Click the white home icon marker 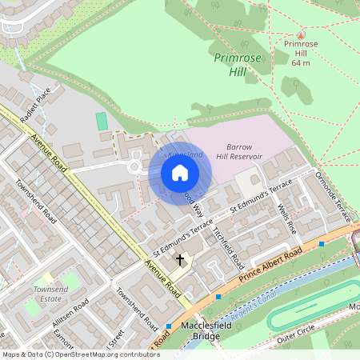click(180, 173)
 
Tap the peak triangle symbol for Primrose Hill click(301, 35)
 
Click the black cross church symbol click(180, 259)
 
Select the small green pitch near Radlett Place click(101, 122)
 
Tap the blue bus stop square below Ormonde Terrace click(322, 243)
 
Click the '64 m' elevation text click(301, 62)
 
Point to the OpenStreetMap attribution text click(81, 354)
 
